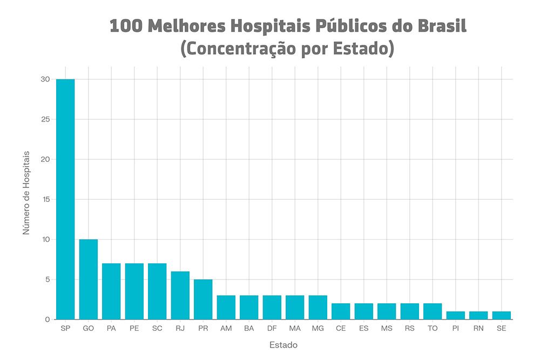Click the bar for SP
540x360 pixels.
[65, 199]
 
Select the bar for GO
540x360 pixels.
[89, 279]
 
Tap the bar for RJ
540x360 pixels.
[180, 295]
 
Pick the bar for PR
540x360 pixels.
[203, 299]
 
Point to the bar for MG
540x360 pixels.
[318, 307]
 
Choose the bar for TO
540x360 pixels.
[433, 311]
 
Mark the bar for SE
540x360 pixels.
[501, 315]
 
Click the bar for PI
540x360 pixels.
[455, 315]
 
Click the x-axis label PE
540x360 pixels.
[134, 328]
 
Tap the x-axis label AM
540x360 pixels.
[226, 328]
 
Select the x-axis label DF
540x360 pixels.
[272, 328]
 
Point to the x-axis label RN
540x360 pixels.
[478, 328]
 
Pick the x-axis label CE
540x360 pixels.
[341, 328]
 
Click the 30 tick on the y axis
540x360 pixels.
[45, 79]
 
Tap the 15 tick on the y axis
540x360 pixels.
[45, 199]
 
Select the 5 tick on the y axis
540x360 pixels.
[48, 279]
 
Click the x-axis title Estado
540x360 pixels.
[283, 344]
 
